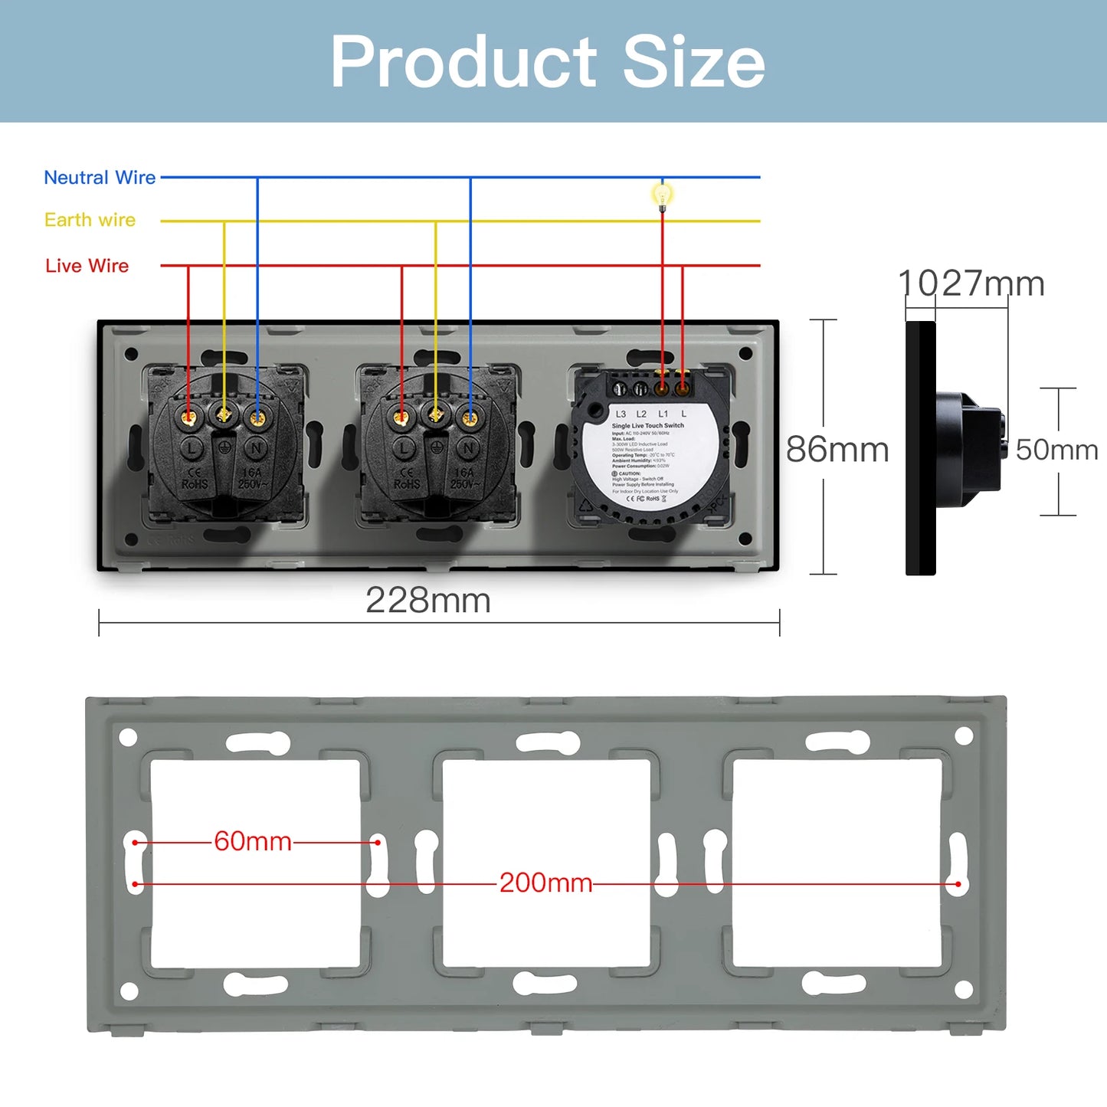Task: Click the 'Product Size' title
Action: (547, 62)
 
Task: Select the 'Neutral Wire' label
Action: (100, 178)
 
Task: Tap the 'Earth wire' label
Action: (90, 220)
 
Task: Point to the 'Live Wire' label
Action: (87, 266)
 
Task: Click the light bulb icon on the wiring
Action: (663, 195)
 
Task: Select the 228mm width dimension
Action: (427, 601)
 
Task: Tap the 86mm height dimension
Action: (837, 450)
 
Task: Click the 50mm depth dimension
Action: (1056, 450)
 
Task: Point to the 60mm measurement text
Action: (253, 841)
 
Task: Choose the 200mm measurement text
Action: (545, 883)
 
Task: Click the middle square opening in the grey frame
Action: (546, 863)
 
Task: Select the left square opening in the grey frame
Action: (255, 863)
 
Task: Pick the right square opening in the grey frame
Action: (837, 863)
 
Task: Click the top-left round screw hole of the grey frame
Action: (128, 737)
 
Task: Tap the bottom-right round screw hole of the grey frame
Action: (964, 990)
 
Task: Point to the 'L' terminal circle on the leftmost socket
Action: (191, 448)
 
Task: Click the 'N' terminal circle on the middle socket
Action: (469, 448)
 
